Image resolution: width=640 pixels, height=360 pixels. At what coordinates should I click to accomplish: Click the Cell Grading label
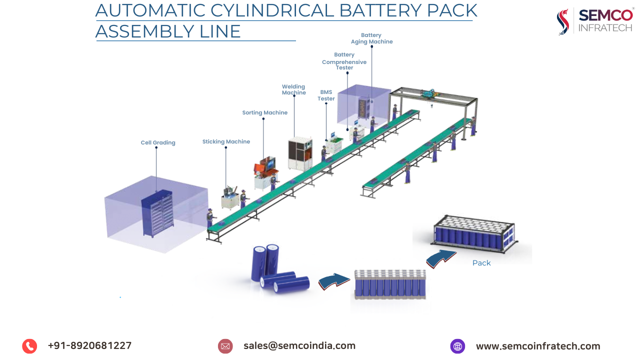(158, 143)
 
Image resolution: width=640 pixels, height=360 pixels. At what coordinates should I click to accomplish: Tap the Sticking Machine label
(226, 142)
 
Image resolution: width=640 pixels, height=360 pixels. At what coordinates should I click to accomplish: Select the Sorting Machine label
(264, 113)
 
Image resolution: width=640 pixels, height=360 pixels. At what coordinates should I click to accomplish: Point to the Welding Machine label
(293, 90)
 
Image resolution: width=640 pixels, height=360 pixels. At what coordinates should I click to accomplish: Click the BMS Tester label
(326, 95)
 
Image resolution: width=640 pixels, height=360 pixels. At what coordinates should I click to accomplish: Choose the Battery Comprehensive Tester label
(344, 61)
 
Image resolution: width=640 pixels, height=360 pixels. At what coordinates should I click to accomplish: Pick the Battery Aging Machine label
(371, 38)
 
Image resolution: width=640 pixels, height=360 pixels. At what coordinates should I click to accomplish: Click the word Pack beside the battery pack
(481, 263)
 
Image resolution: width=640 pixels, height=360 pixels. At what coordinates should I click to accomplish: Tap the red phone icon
(29, 346)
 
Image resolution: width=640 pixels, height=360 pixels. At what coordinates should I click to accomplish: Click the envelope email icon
(225, 346)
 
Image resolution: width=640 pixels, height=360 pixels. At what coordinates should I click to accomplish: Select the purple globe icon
(457, 346)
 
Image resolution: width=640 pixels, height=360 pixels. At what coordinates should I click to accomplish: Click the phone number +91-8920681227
(89, 345)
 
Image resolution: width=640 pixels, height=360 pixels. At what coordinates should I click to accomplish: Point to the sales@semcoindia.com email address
(299, 345)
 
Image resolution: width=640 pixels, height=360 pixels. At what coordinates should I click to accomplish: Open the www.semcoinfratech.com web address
(537, 346)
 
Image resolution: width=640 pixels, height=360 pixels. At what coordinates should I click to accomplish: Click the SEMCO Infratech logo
(594, 21)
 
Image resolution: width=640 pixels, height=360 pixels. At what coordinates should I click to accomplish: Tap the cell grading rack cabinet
(157, 215)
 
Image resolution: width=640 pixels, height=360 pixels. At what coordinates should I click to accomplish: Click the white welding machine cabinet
(299, 153)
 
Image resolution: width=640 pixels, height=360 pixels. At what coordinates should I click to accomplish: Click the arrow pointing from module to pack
(441, 258)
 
